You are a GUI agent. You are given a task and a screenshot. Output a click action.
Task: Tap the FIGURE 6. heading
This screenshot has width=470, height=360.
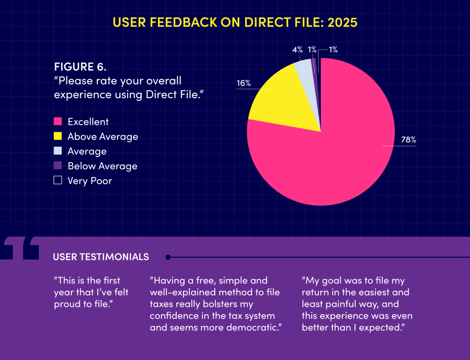[x=80, y=66]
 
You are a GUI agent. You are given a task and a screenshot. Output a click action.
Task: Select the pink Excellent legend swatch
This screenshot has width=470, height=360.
[x=58, y=122]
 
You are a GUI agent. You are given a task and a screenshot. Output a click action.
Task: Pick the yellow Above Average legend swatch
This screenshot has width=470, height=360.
[x=58, y=136]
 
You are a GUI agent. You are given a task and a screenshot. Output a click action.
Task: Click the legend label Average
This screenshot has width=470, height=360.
[x=87, y=151]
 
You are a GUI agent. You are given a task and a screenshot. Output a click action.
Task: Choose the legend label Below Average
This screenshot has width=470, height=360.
[x=102, y=166]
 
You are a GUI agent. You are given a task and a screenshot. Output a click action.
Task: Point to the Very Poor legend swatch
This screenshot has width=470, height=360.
[x=58, y=181]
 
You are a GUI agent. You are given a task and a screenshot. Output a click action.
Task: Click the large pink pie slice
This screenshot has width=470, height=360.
[x=330, y=151]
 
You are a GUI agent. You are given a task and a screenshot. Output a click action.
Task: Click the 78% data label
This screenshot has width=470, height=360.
[x=408, y=140]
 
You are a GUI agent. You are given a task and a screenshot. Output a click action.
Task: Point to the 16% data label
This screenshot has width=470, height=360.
[x=244, y=83]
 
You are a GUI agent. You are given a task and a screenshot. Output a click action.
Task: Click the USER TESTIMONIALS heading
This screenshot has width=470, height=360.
[x=101, y=257]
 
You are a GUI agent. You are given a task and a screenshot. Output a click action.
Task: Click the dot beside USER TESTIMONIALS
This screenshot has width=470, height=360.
[x=168, y=257]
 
